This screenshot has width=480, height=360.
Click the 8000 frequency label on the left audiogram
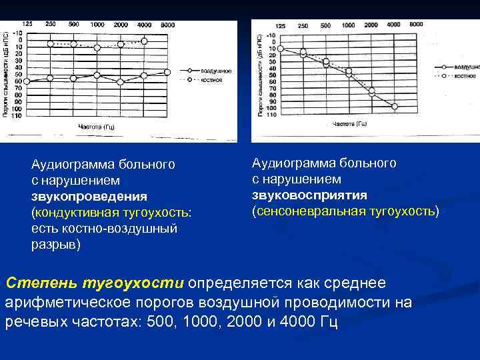point(168,25)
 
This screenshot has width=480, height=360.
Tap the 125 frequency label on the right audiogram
point(281,25)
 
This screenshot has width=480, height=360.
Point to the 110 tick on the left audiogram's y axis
point(16,115)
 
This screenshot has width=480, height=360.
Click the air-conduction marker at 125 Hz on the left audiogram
point(27,81)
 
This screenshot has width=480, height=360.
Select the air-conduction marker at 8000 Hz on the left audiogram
point(167,72)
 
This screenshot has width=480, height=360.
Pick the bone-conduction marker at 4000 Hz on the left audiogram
point(144,41)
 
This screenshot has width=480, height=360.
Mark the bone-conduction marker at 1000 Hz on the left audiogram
point(97,47)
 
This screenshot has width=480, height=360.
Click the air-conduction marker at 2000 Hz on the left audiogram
point(121,82)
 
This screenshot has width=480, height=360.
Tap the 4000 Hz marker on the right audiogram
point(395,106)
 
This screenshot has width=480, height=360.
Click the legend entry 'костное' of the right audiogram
point(465,76)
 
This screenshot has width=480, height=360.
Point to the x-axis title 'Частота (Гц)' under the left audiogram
point(97,127)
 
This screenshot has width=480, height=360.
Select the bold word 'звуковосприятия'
point(309,195)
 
